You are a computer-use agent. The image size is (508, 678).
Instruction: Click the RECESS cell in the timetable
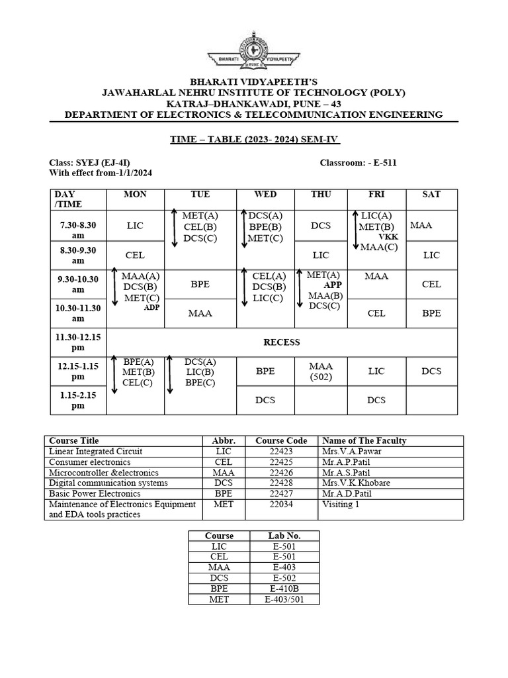tap(281, 342)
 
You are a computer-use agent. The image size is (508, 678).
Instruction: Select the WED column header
tap(265, 194)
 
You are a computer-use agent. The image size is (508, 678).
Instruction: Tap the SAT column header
tap(431, 194)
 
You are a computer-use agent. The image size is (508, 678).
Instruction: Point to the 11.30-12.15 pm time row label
tap(78, 342)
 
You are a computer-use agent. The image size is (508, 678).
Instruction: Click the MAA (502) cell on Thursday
tap(321, 371)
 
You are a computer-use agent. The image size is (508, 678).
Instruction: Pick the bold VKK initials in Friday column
tap(388, 236)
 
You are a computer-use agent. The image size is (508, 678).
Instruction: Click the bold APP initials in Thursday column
tap(333, 285)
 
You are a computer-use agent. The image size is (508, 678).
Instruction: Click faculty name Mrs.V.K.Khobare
tap(356, 483)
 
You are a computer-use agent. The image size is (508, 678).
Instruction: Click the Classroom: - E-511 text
tap(359, 162)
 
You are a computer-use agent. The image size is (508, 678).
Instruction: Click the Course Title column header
tap(74, 440)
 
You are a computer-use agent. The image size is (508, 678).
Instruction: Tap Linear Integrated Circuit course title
tap(96, 451)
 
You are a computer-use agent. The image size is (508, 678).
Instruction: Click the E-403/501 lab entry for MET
tap(283, 599)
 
